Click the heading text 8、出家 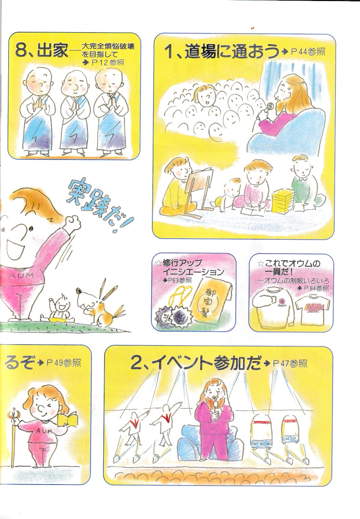(x=42, y=51)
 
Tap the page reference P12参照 (x=108, y=63)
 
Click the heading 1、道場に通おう (x=222, y=52)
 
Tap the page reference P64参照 (x=317, y=288)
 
